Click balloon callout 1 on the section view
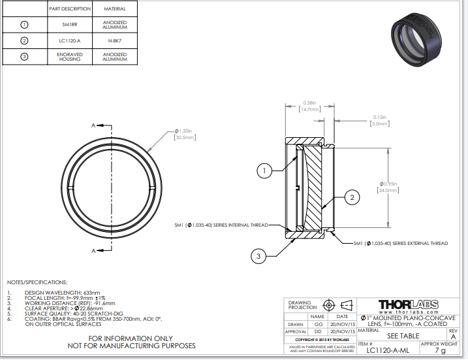pyautogui.click(x=264, y=171)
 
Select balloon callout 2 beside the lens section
pyautogui.click(x=351, y=196)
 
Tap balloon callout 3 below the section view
pyautogui.click(x=258, y=257)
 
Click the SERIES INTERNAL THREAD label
pyautogui.click(x=221, y=224)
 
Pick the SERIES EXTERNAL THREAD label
pyautogui.click(x=400, y=243)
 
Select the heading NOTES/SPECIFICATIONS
pyautogui.click(x=37, y=282)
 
